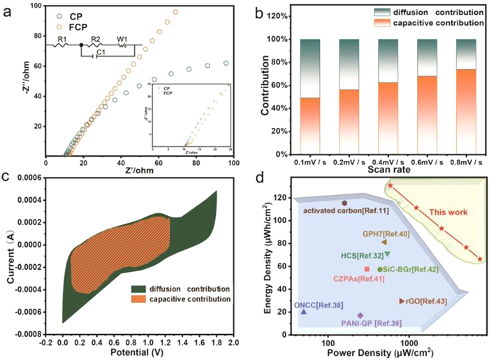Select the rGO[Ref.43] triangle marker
click(402, 301)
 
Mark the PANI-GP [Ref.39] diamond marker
click(360, 315)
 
